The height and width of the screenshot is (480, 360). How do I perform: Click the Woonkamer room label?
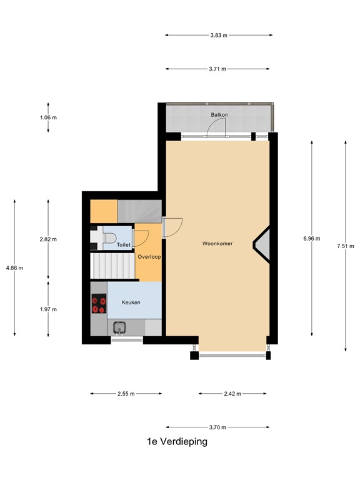217,243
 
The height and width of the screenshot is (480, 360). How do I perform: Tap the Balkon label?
218,115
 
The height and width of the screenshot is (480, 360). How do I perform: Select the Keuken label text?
131,302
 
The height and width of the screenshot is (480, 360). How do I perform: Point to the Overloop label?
149,256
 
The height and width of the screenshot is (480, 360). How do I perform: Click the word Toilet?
123,245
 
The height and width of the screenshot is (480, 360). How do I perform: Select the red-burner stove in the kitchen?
98,304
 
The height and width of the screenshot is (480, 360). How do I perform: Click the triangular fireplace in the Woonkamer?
262,244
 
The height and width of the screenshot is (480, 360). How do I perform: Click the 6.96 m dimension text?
311,238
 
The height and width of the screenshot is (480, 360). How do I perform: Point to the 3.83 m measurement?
219,35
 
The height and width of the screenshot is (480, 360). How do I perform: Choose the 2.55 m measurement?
126,394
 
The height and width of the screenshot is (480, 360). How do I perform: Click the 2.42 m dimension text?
232,394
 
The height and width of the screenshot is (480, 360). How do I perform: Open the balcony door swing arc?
216,127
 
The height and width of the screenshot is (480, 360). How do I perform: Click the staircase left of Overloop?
113,265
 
